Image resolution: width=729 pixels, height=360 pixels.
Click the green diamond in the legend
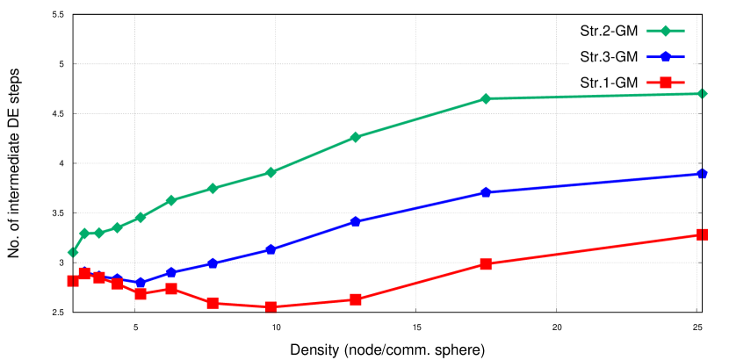click(665, 32)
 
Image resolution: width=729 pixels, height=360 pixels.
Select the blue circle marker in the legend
click(665, 57)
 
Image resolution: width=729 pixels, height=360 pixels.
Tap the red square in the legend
click(665, 83)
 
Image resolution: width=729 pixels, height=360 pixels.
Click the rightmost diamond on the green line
click(702, 93)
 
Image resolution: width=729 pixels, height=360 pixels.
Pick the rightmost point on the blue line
click(702, 174)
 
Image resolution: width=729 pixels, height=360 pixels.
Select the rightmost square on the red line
click(702, 234)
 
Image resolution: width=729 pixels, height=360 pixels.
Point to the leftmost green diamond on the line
click(73, 252)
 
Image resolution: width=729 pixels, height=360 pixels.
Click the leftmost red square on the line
click(72, 281)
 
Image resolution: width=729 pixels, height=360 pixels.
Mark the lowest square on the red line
click(271, 307)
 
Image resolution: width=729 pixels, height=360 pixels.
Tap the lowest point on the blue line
click(141, 283)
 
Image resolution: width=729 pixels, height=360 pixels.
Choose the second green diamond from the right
click(486, 99)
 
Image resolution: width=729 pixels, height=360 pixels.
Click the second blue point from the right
click(486, 192)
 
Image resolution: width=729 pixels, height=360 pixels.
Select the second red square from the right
click(486, 263)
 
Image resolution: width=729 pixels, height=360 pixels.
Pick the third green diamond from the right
click(355, 137)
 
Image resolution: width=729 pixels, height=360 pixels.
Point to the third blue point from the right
click(355, 221)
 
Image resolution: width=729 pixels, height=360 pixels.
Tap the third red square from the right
click(355, 299)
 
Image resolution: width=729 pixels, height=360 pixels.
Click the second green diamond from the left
click(84, 234)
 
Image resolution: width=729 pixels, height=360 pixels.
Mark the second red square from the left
click(84, 274)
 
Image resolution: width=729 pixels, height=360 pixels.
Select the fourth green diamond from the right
click(271, 172)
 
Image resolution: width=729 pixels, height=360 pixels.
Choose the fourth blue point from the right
click(271, 249)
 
